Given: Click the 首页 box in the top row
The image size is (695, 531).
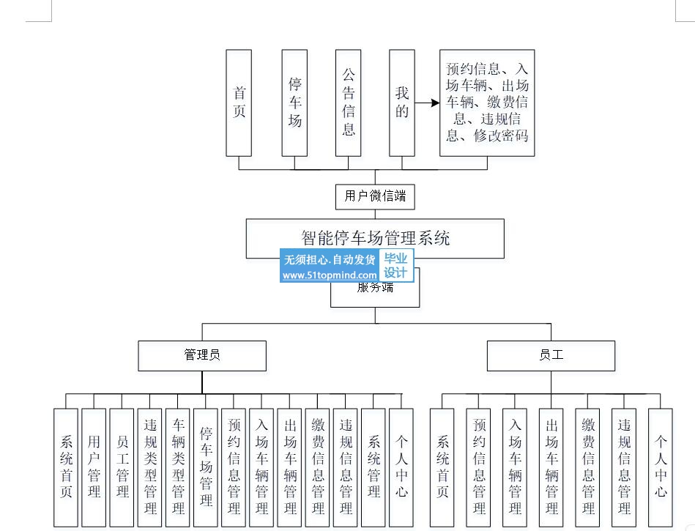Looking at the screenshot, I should [x=239, y=103].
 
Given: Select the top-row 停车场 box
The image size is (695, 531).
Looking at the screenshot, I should [x=294, y=103].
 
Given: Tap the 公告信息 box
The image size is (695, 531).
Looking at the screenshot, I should [x=348, y=103].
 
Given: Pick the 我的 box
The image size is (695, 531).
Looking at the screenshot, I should [x=401, y=103].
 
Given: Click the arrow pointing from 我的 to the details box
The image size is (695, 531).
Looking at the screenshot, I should [x=427, y=103].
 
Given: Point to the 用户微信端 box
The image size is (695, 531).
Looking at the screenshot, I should [x=375, y=196].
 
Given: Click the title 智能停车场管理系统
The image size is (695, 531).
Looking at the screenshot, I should [x=375, y=238].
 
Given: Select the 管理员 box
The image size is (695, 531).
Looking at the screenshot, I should [x=202, y=355].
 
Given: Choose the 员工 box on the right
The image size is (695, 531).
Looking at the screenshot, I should [x=551, y=355].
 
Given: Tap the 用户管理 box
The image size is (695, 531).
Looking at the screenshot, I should [x=94, y=467].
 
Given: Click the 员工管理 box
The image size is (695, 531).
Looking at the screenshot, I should [x=122, y=467].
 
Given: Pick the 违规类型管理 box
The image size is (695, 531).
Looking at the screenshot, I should [x=149, y=467].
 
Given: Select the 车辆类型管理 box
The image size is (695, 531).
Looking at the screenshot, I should [x=177, y=467].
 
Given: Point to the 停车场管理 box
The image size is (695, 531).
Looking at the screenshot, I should [x=205, y=467].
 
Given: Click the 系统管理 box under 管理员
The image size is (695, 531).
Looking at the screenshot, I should [x=373, y=467].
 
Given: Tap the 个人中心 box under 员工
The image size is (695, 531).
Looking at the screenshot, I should [x=660, y=467].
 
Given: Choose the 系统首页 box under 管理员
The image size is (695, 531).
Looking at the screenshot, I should [x=66, y=467].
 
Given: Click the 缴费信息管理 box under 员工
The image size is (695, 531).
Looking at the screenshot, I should [x=587, y=467].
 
